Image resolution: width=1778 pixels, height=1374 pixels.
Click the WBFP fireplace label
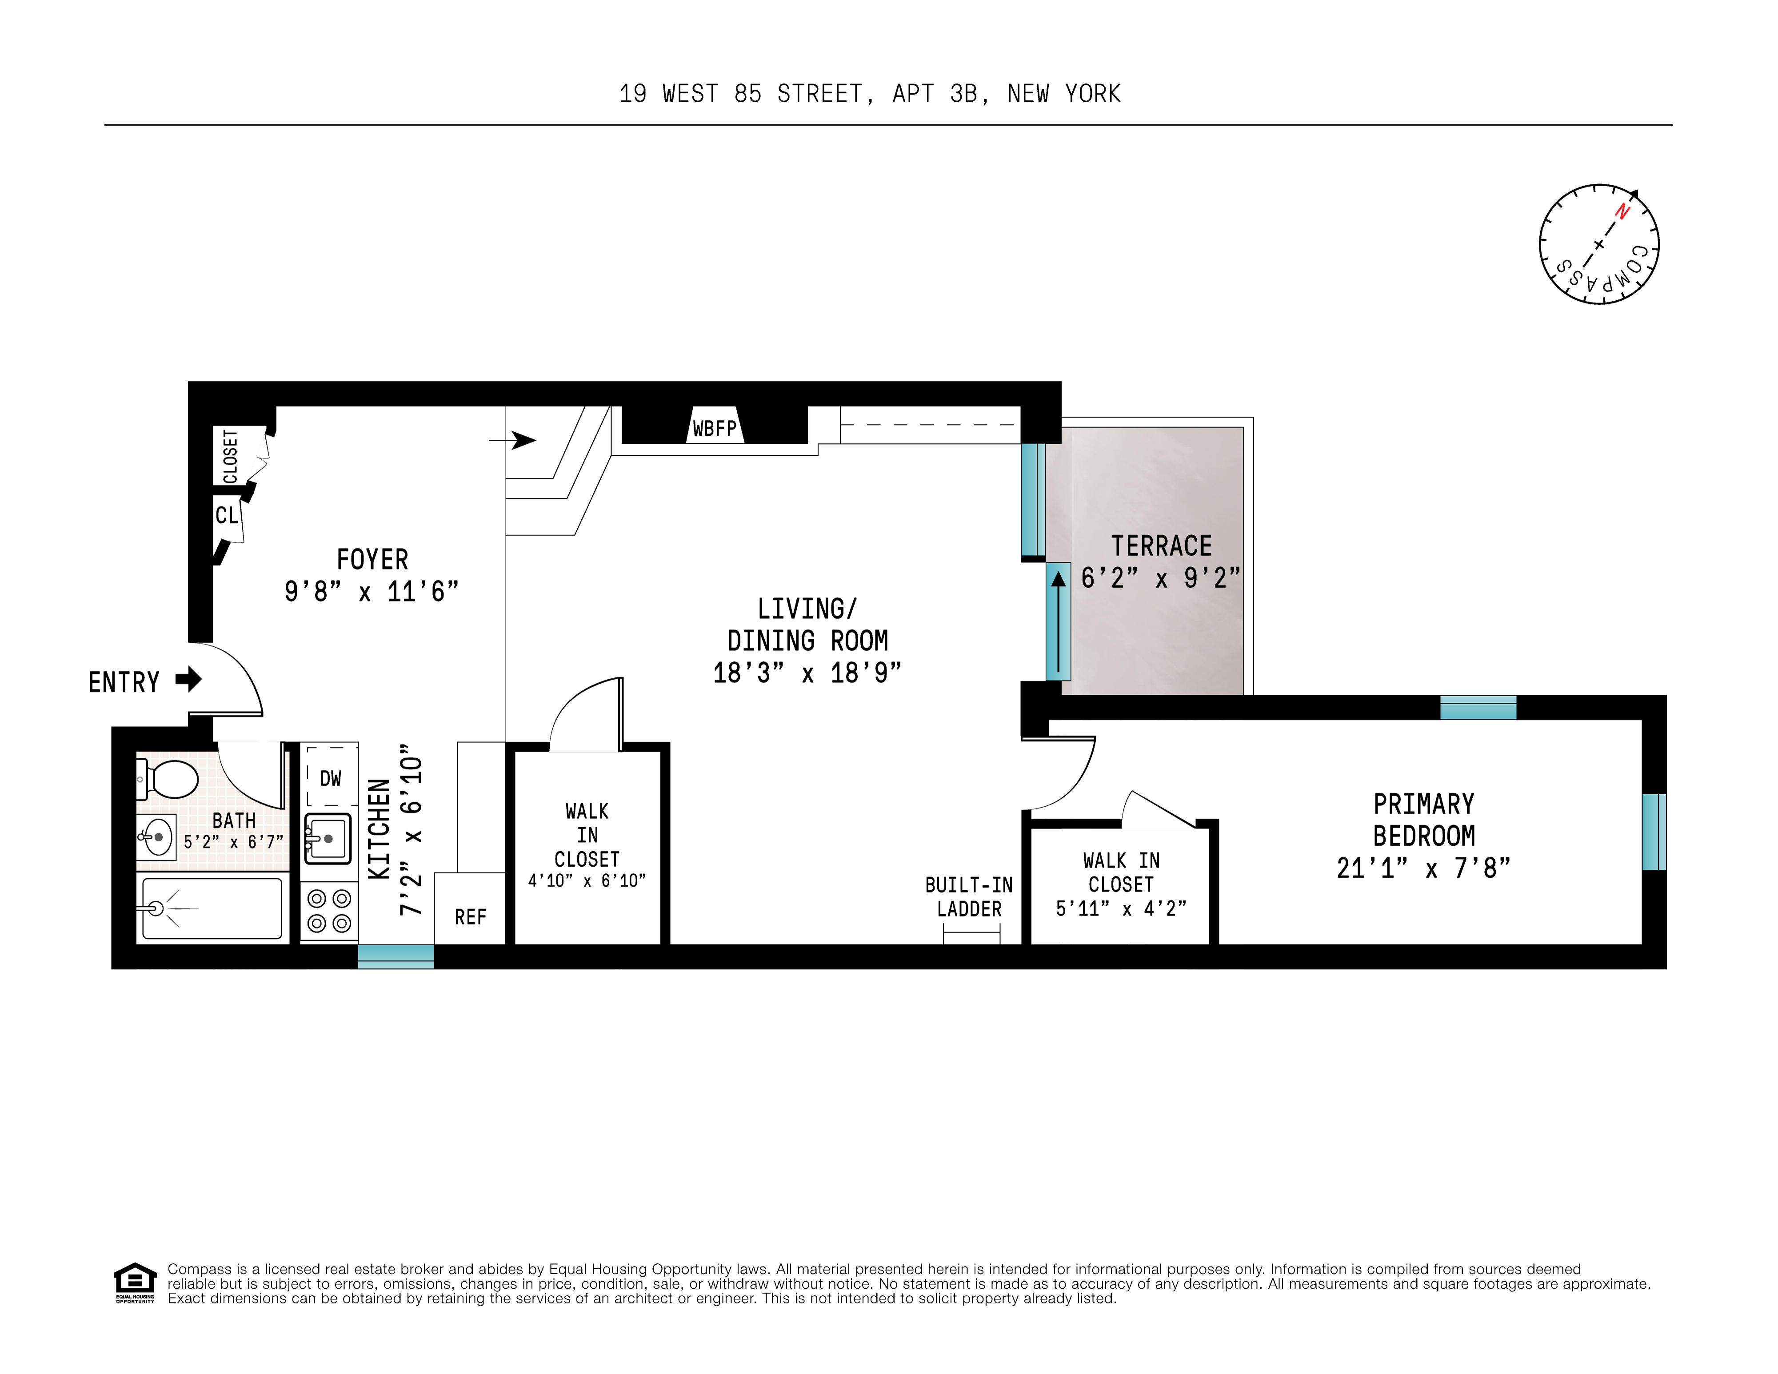pos(714,428)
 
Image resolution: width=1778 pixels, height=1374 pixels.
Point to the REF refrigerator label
pos(471,917)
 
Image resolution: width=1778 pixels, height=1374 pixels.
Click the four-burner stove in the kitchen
pos(329,911)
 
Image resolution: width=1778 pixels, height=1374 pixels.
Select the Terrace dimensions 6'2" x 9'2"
pos(1160,578)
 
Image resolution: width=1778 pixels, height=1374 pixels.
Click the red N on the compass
pos(1622,211)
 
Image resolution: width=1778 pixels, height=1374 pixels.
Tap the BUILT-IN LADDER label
pos(969,897)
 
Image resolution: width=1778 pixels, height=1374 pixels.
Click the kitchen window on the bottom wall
pos(396,956)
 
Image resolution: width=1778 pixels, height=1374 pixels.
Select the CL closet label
pos(226,515)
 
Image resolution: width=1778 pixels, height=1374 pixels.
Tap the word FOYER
pos(372,560)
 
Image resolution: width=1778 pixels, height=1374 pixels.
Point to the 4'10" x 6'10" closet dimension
pos(587,881)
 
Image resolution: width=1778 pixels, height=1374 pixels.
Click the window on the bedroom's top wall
pos(1478,707)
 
